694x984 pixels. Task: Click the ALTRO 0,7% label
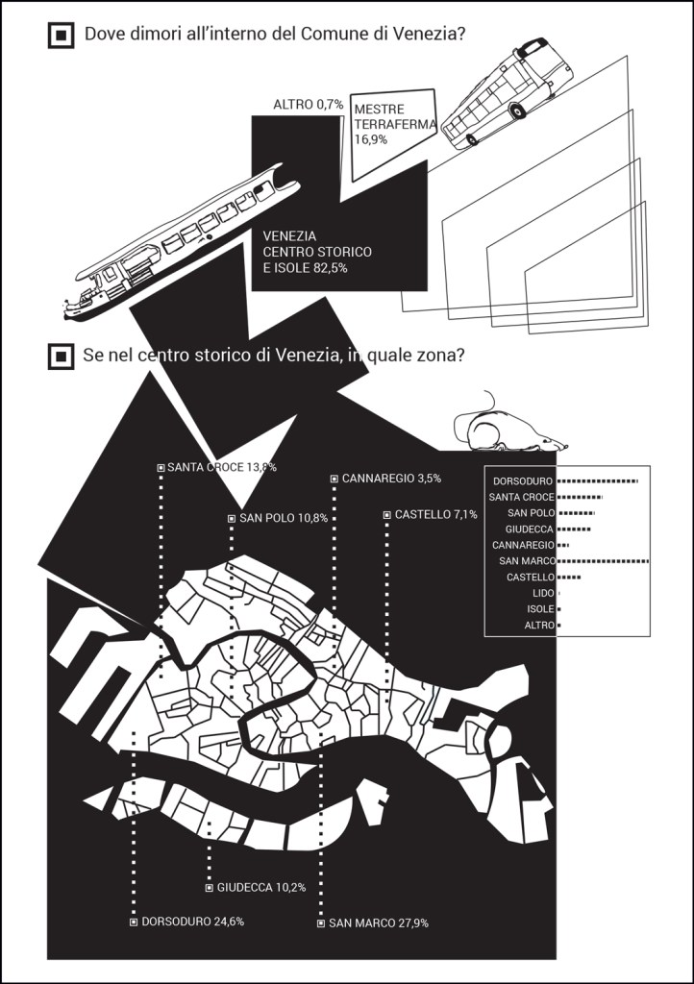[x=309, y=105]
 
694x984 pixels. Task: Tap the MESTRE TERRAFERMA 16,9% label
[x=394, y=124]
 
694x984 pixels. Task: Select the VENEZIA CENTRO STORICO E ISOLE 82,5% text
[x=317, y=253]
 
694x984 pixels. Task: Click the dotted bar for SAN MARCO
[x=603, y=560]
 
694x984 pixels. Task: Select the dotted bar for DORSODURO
[x=597, y=481]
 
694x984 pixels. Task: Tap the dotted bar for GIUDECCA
[x=574, y=529]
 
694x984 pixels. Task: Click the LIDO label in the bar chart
[x=543, y=593]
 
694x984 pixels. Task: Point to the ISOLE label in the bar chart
[x=540, y=608]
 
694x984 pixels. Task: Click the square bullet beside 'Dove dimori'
[x=61, y=36]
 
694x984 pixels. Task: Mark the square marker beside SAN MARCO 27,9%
[x=321, y=923]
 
